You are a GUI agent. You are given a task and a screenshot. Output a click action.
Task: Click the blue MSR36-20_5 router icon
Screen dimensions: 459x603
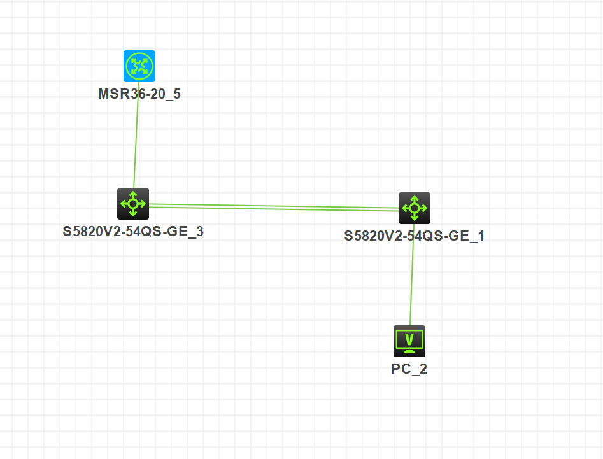(139, 66)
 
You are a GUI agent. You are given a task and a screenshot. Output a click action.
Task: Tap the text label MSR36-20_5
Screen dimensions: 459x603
(139, 95)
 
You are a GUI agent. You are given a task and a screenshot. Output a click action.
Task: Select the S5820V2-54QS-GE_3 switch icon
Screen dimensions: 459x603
(133, 204)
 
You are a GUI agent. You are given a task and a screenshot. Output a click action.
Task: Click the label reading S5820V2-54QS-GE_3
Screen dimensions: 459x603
(133, 232)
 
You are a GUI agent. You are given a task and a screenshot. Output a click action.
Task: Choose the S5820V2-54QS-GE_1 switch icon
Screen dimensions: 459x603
(415, 208)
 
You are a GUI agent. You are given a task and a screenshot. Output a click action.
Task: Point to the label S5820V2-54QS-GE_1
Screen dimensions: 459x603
(415, 236)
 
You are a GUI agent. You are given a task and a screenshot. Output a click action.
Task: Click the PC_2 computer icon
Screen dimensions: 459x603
(409, 341)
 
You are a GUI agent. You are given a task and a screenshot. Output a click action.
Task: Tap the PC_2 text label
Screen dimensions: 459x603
(409, 369)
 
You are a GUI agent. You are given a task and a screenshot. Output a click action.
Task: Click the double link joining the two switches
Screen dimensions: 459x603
(274, 206)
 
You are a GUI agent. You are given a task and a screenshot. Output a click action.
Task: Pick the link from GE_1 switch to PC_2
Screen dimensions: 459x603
(412, 274)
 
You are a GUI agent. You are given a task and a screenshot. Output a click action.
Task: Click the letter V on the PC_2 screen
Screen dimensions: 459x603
(409, 338)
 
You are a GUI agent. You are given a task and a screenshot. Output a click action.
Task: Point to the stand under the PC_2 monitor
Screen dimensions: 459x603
(409, 350)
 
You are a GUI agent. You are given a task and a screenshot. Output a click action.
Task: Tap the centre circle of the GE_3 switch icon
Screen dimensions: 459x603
(133, 204)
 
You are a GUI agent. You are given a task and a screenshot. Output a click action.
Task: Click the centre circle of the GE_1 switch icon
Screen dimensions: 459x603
(415, 208)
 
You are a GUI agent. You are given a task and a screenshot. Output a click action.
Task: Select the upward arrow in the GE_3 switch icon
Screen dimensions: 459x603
(133, 194)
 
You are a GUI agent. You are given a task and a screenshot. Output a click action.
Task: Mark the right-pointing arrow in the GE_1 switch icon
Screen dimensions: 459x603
(425, 208)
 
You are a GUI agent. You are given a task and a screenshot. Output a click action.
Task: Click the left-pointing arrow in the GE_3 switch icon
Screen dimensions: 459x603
(123, 204)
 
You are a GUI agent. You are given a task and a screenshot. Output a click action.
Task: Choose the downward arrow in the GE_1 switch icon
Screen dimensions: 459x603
(415, 218)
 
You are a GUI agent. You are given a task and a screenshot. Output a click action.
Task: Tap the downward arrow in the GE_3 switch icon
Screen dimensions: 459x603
(133, 214)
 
